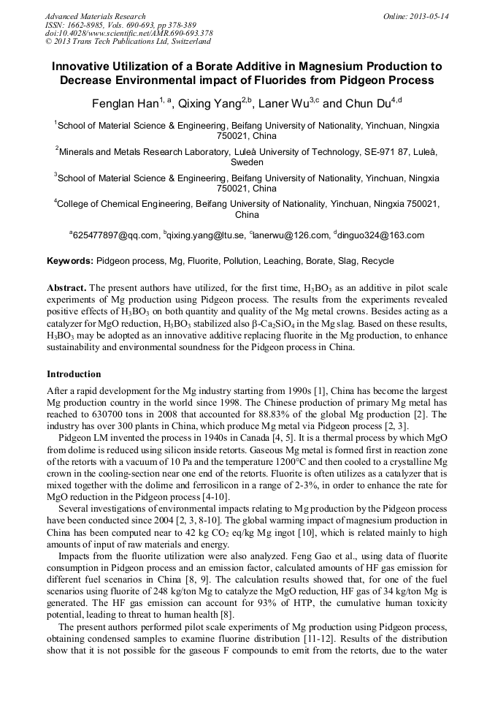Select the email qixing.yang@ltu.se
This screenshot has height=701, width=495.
click(x=207, y=235)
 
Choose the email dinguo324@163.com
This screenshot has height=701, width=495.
click(x=381, y=235)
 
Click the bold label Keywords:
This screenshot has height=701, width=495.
click(x=70, y=261)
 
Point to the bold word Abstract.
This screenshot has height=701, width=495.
click(x=66, y=288)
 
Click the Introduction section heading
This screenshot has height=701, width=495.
click(x=74, y=374)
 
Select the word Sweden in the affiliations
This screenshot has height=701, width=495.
click(x=247, y=162)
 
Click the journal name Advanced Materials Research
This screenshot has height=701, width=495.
click(x=95, y=16)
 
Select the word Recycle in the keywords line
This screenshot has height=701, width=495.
click(x=377, y=261)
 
